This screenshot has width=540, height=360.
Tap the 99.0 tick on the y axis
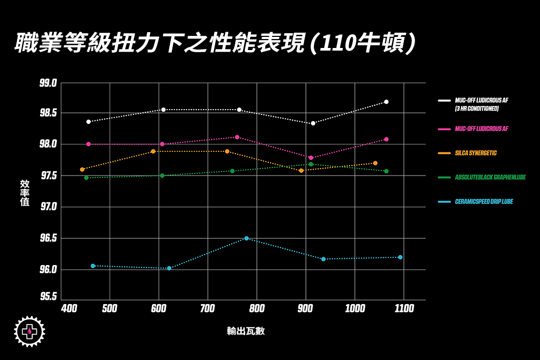coord(48,83)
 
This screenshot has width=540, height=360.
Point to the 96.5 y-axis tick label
coord(48,238)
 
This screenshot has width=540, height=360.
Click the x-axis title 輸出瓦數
coord(246,332)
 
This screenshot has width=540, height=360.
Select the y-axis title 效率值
coord(25,192)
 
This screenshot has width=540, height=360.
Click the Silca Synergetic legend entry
coord(475,153)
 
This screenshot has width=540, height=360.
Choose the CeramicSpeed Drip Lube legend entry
coord(484,201)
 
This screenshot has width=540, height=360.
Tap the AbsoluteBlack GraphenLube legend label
coord(490,177)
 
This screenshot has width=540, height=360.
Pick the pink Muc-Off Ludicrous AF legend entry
coord(481,129)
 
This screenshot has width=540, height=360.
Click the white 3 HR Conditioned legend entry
coord(481,104)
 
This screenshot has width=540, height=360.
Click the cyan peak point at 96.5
coord(246,238)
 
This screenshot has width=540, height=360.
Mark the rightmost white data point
coord(387,102)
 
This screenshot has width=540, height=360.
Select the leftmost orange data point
coord(82,169)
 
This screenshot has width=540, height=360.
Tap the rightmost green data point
coord(387,171)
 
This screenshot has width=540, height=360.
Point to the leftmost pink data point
coord(89,144)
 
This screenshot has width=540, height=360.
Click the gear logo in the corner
coord(30,332)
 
